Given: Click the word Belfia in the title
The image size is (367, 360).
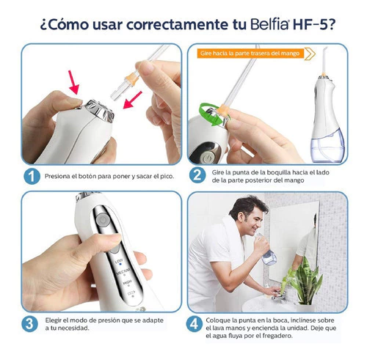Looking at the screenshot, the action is (269, 24).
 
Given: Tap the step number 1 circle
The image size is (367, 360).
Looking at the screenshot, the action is (32, 176).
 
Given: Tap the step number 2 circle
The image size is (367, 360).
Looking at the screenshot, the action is (197, 175).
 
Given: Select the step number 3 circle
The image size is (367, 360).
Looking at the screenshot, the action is (29, 324).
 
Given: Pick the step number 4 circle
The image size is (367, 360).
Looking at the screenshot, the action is (195, 324).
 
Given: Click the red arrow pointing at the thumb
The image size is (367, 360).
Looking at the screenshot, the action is (73, 82).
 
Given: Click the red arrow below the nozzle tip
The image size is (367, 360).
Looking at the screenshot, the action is (132, 100).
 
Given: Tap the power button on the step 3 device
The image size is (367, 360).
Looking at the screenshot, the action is (102, 219).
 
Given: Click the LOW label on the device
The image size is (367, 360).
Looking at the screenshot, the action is (119, 262).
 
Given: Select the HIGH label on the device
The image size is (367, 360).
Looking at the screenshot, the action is (127, 283).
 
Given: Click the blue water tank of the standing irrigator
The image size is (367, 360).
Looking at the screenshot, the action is (327, 145).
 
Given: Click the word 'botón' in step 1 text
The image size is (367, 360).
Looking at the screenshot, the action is (87, 176).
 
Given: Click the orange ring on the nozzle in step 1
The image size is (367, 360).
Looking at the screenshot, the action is (131, 78).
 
